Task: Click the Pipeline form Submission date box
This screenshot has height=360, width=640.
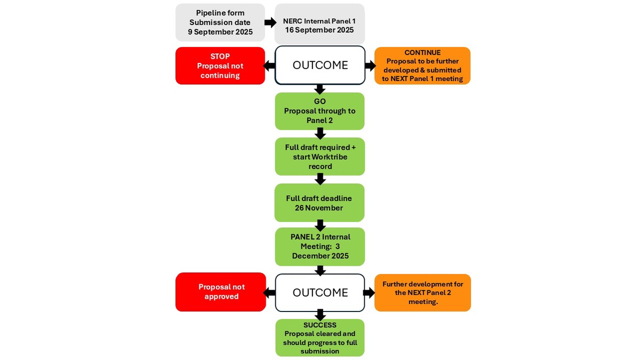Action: tap(220, 22)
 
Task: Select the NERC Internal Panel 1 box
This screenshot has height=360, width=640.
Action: tap(319, 24)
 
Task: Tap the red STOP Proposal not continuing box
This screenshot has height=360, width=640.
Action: tap(220, 66)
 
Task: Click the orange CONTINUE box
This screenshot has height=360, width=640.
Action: tap(422, 66)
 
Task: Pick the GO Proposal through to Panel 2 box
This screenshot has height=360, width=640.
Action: tap(319, 111)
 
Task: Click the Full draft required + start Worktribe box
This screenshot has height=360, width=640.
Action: tap(319, 156)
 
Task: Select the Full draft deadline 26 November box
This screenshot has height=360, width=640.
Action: tap(319, 203)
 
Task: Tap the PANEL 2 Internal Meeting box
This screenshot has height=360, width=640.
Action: tap(319, 246)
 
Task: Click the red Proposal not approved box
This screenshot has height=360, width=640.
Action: tap(221, 292)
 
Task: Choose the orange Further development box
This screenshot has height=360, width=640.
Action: tap(422, 292)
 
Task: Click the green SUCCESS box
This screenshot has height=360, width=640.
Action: tap(319, 338)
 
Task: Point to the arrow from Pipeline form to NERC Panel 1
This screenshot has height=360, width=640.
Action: tap(270, 23)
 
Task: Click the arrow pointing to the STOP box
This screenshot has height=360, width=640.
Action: tap(270, 66)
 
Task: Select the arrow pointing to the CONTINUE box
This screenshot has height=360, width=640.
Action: tap(370, 66)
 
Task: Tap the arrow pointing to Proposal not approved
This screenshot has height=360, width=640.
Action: tap(270, 292)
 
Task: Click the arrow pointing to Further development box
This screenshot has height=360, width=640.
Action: tap(370, 292)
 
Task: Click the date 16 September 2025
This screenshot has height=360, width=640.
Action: tap(319, 30)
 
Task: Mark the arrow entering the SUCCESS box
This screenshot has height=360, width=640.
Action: tap(320, 315)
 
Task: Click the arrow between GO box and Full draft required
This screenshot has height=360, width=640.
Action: tap(320, 133)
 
